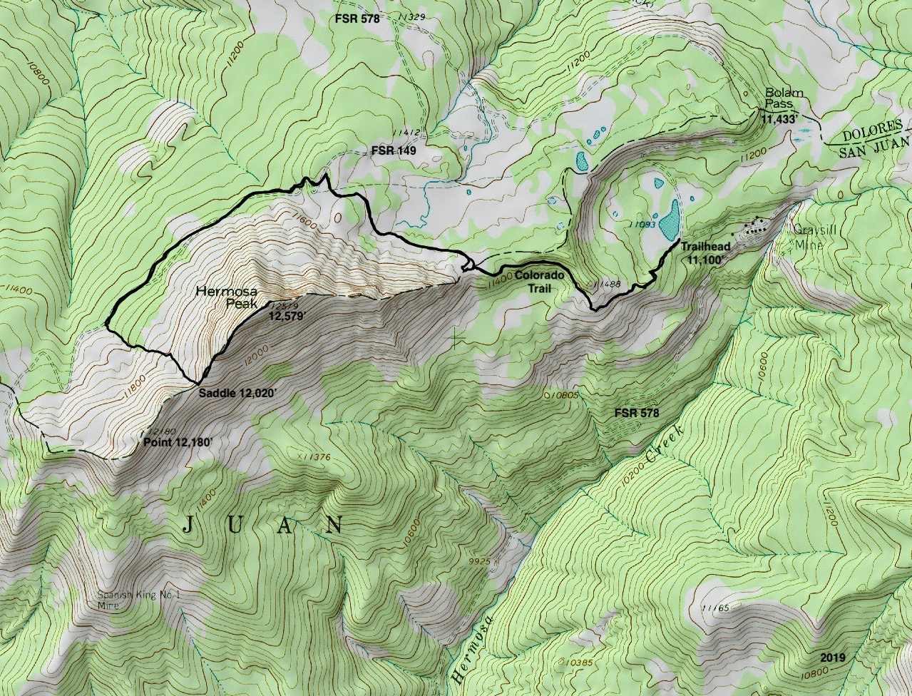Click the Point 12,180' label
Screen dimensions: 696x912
point(178,442)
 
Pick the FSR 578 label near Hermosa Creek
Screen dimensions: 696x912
point(636,413)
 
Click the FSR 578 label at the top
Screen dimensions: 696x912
point(357,19)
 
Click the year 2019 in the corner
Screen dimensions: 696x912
point(832,657)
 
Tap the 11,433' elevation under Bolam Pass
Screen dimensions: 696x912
point(781,121)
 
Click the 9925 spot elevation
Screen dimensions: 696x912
point(481,561)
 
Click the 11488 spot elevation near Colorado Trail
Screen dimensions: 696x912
point(606,285)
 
